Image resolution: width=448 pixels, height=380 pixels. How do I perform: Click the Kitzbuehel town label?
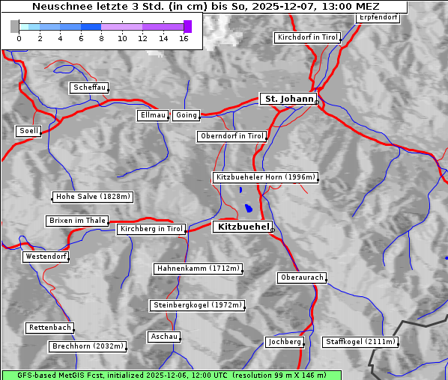[242, 227]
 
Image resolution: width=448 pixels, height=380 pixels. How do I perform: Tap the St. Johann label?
[288, 99]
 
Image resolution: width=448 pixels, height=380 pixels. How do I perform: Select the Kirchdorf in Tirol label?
[308, 37]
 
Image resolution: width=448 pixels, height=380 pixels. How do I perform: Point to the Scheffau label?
[90, 88]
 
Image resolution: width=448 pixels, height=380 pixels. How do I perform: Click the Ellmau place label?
[153, 115]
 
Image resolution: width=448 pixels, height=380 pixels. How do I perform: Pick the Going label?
[186, 115]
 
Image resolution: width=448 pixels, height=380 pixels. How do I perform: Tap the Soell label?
[28, 131]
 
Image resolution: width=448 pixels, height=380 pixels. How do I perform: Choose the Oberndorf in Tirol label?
[232, 136]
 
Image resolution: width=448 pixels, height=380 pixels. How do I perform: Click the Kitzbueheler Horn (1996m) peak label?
[266, 177]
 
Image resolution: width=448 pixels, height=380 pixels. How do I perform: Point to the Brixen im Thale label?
[77, 221]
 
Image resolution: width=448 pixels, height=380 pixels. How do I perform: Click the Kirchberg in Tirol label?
[151, 229]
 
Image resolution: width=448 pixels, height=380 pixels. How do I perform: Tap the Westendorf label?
[46, 257]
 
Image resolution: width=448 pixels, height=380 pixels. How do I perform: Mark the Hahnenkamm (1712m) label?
[198, 269]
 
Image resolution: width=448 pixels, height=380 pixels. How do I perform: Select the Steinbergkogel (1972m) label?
[198, 305]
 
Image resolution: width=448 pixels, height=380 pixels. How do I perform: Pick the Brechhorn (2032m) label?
[88, 346]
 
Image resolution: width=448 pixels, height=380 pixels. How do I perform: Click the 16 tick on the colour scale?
[184, 38]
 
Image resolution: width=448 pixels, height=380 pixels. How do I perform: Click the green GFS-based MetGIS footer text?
[171, 375]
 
